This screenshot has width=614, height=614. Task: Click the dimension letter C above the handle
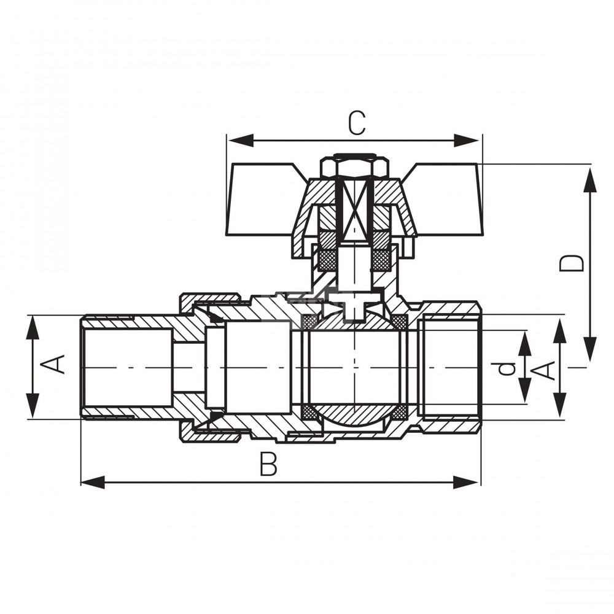click(357, 123)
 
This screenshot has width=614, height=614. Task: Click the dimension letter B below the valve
click(269, 464)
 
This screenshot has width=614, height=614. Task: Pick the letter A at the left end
click(52, 364)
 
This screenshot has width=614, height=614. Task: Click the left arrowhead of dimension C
click(241, 141)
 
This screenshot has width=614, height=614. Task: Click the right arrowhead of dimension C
click(467, 141)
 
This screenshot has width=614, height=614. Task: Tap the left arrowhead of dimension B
click(93, 483)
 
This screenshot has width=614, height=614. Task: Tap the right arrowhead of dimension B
click(465, 483)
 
